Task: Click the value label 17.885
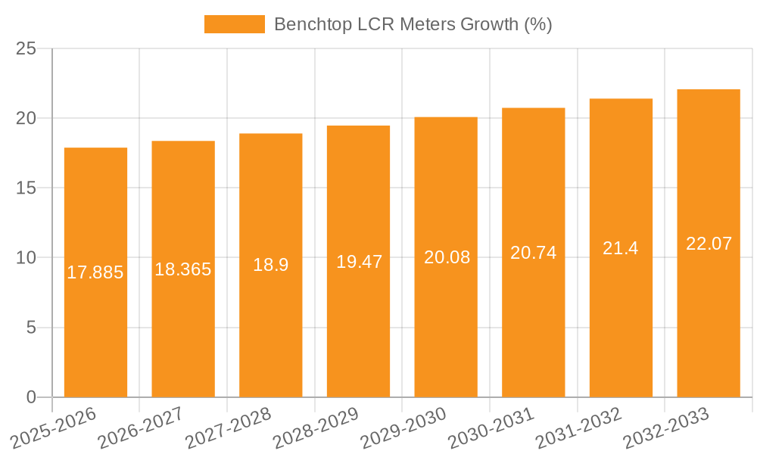pos(95,272)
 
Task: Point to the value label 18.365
pos(183,269)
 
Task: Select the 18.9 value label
pos(270,265)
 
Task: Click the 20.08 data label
pos(446,257)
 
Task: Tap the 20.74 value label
pos(534,253)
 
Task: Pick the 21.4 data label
pos(621,248)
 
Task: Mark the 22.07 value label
pos(709,244)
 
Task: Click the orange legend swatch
pos(235,24)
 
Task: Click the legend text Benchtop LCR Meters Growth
pos(413,24)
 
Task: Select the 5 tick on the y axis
pos(31,328)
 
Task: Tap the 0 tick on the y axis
pos(31,397)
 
